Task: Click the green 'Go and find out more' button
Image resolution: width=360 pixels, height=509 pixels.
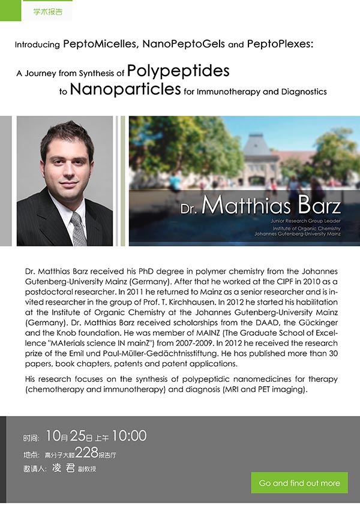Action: click(299, 483)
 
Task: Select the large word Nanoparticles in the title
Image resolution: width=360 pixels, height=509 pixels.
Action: click(125, 89)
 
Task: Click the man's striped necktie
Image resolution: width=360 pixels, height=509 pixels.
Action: click(77, 227)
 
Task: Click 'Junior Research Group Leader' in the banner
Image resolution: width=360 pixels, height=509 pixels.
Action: click(305, 221)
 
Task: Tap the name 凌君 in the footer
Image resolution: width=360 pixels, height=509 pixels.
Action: click(63, 468)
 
